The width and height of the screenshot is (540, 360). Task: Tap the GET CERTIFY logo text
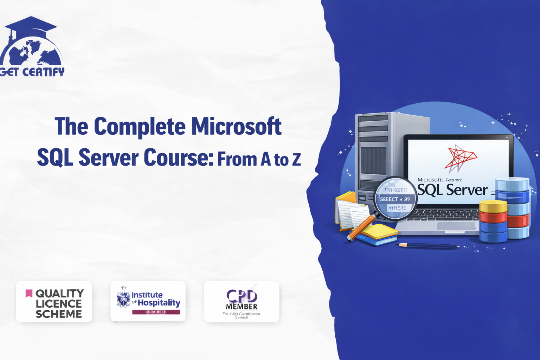click(x=32, y=72)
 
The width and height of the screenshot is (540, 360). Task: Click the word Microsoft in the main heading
click(x=236, y=126)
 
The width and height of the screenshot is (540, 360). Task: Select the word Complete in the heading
click(x=140, y=126)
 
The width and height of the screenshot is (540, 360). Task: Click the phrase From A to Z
click(x=259, y=159)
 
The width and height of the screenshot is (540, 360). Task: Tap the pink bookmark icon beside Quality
click(x=29, y=293)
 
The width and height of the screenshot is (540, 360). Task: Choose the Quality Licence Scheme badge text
click(x=59, y=303)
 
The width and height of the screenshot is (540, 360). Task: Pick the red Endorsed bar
click(x=156, y=312)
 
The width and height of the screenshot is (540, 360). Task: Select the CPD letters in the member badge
click(x=242, y=296)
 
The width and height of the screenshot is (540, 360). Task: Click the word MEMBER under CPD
click(x=242, y=307)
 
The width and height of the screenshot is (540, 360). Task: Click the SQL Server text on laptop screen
click(x=452, y=190)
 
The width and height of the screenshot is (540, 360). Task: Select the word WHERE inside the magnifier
click(x=397, y=208)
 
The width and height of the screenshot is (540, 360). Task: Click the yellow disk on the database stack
click(x=493, y=206)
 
